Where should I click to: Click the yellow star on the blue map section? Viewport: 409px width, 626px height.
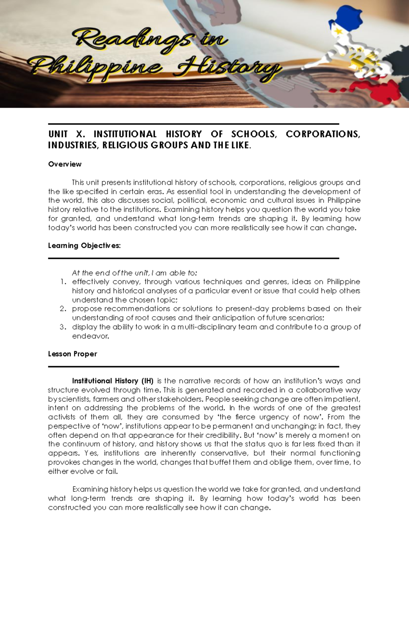(338, 31)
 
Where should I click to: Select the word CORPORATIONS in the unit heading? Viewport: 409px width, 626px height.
(322, 134)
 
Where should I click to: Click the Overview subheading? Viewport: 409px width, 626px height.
(65, 164)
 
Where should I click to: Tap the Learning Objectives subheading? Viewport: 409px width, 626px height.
(84, 246)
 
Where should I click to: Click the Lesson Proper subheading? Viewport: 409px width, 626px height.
(72, 354)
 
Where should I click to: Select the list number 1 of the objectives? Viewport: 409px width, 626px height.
(63, 282)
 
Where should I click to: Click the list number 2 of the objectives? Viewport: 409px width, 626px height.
(63, 309)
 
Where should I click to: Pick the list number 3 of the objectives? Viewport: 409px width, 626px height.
(63, 327)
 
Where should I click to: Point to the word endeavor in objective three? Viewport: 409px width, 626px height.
(90, 336)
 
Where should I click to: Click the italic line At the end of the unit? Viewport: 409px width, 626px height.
(134, 273)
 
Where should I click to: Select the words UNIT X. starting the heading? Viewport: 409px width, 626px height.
(66, 134)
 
